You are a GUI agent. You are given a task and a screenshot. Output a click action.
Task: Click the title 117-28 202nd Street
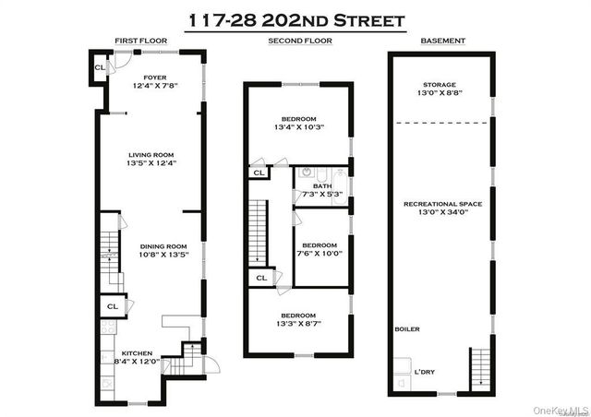[x=295, y=19]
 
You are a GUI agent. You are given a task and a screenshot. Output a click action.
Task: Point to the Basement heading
[x=442, y=42]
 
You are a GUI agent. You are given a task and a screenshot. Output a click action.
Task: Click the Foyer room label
[x=154, y=77]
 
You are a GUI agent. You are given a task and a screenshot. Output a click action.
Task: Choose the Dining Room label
[x=163, y=246]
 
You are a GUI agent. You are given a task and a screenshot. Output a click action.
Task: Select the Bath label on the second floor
[x=322, y=185]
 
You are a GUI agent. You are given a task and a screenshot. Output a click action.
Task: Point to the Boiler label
[x=406, y=328]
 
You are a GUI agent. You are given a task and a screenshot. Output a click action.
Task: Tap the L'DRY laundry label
[x=425, y=371]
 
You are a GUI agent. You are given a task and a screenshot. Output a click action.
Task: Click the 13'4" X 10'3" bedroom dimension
[x=298, y=128]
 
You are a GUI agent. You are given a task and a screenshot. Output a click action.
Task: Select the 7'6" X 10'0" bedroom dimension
[x=320, y=252]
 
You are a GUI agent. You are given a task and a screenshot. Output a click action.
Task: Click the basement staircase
[x=479, y=370]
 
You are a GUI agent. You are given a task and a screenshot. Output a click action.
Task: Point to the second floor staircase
[x=259, y=232]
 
